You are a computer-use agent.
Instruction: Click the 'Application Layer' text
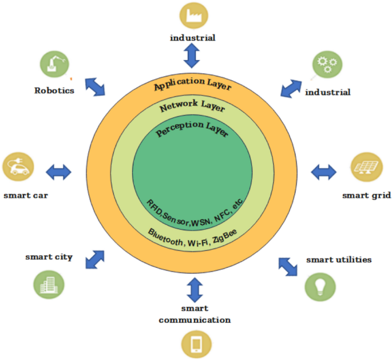click(192, 86)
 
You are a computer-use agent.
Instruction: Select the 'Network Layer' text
click(192, 107)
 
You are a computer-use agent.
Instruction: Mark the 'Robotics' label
click(54, 90)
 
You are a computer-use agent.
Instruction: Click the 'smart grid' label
click(366, 195)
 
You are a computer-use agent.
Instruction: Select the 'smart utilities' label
click(339, 260)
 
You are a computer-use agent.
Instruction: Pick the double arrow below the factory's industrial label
click(192, 56)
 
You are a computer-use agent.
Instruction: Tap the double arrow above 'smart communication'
click(195, 289)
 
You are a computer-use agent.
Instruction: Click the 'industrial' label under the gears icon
click(328, 92)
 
